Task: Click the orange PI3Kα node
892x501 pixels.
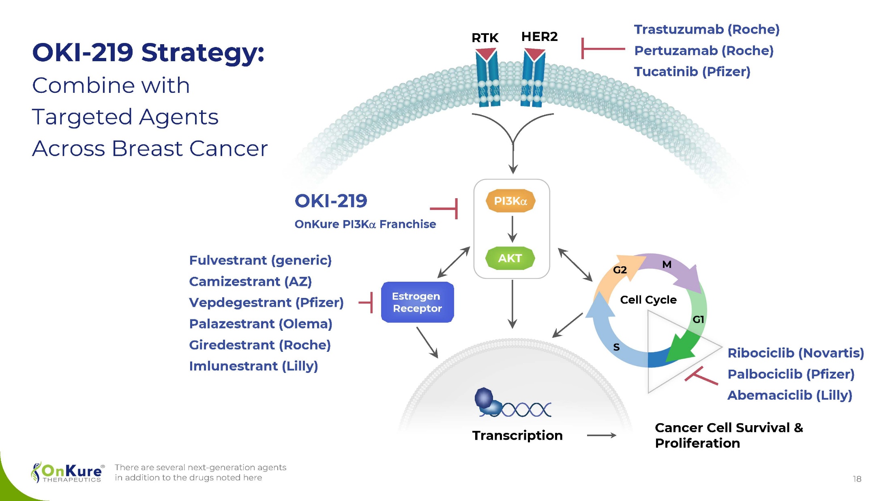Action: click(510, 201)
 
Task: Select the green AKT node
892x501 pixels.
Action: click(510, 258)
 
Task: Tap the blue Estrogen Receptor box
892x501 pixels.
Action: click(417, 302)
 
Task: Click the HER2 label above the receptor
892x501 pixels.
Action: click(539, 36)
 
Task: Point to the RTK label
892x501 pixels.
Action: click(485, 38)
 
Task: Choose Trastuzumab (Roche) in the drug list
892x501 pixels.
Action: click(707, 29)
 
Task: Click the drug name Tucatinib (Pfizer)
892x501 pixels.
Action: click(692, 72)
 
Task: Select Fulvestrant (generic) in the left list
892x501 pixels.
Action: click(260, 260)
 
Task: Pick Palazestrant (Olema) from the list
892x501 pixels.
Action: click(261, 324)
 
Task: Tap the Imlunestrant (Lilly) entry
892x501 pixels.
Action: click(253, 366)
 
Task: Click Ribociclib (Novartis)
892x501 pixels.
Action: click(796, 353)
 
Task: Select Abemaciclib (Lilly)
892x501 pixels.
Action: click(789, 395)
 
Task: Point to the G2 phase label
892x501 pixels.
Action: click(620, 270)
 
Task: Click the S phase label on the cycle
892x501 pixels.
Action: click(616, 347)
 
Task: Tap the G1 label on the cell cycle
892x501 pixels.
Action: click(698, 319)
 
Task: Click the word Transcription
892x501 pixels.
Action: click(517, 435)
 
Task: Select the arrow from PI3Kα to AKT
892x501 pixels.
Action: click(512, 229)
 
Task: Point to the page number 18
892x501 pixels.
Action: click(857, 479)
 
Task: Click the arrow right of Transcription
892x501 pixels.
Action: click(601, 435)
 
